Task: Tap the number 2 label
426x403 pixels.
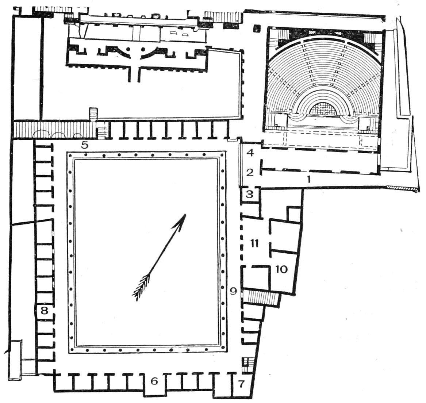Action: (x=250, y=172)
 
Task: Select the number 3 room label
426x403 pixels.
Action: (x=250, y=194)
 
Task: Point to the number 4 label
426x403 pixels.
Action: (x=250, y=153)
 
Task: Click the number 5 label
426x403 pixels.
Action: (x=85, y=145)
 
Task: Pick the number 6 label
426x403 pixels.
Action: (x=154, y=381)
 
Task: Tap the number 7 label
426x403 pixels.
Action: (x=241, y=384)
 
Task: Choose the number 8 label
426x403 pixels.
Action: (x=44, y=310)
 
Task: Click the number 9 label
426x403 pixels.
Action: (x=233, y=291)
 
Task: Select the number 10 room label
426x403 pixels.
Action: (x=281, y=269)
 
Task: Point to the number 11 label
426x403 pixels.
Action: (x=254, y=243)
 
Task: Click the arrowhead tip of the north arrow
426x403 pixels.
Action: (x=185, y=214)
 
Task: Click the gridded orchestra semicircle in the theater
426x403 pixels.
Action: (x=322, y=110)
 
